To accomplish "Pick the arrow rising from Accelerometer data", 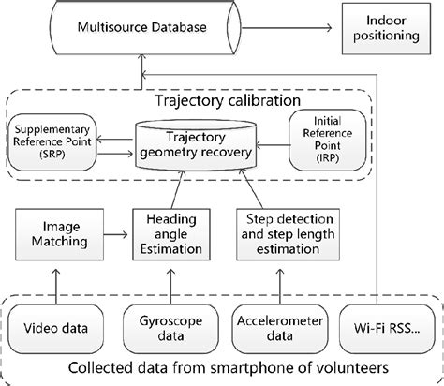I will click(x=277, y=285).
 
